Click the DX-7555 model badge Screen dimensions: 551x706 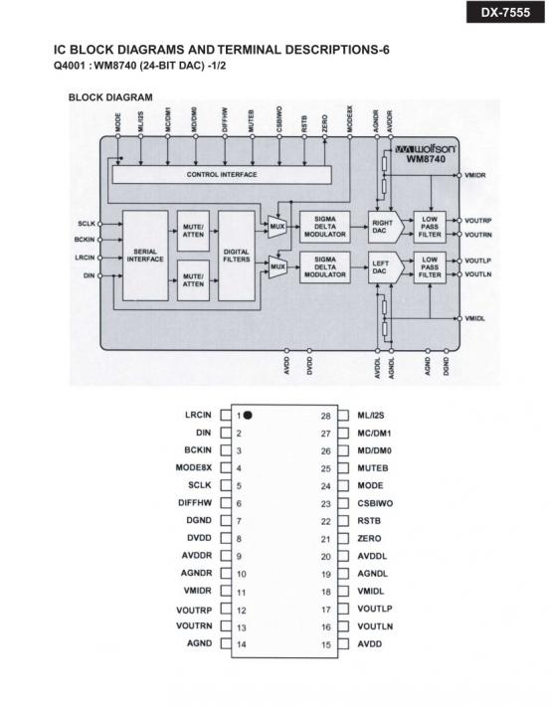tap(505, 12)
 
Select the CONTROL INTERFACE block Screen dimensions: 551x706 tap(222, 174)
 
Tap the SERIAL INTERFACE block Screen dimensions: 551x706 tap(145, 256)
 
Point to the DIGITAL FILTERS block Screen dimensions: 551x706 tap(237, 256)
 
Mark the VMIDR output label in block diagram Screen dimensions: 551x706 tap(475, 175)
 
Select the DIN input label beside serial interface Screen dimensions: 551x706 tap(90, 275)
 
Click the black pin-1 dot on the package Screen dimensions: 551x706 tap(248, 415)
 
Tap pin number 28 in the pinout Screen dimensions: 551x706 tap(326, 416)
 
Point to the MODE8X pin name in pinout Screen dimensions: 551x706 tap(194, 467)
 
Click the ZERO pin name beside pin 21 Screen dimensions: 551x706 tap(369, 539)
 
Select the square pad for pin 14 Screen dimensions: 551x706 tap(226, 644)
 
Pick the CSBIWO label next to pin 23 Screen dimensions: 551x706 tap(375, 503)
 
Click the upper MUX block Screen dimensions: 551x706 tap(277, 227)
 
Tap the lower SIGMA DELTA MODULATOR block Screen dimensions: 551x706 tap(325, 267)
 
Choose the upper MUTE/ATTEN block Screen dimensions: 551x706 tap(193, 231)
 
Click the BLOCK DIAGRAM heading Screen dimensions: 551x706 tap(110, 97)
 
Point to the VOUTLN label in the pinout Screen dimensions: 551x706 tap(375, 626)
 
